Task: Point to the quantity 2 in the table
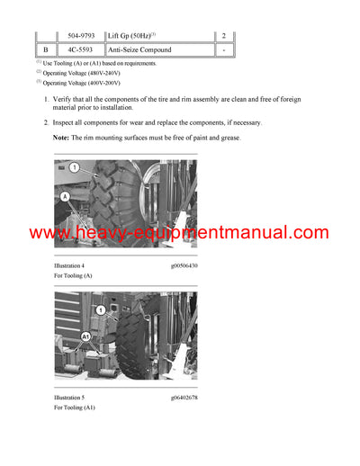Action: click(224, 35)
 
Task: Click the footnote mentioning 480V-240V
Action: click(86, 72)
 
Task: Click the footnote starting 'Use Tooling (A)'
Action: click(99, 63)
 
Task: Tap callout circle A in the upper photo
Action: click(64, 195)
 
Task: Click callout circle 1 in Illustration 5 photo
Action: click(102, 309)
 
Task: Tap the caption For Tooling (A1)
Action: click(75, 408)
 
